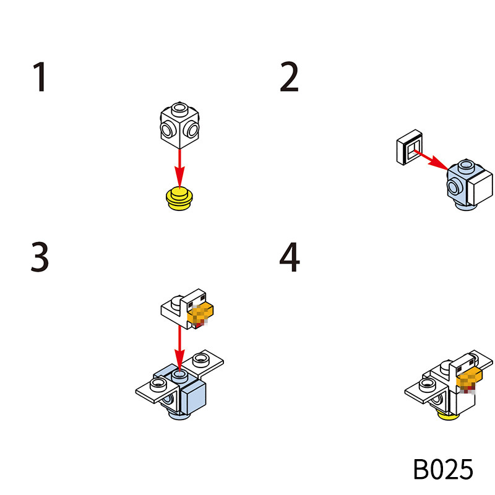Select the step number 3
point(40,258)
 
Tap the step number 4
point(289,258)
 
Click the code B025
point(442,469)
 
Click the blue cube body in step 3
point(192,396)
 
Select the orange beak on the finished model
point(470,377)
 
